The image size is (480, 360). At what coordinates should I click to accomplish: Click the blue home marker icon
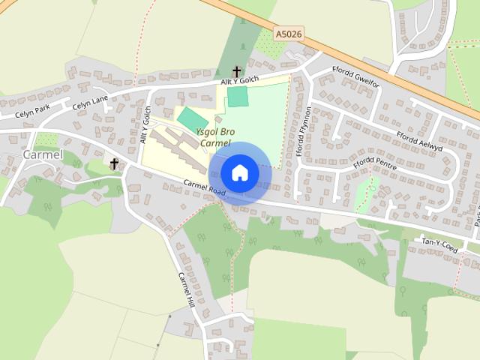[x=239, y=173]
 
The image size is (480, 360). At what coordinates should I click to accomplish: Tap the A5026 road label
[x=289, y=34]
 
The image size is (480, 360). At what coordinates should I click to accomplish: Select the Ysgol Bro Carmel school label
[x=215, y=137]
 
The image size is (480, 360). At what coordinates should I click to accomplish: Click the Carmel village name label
[x=41, y=154]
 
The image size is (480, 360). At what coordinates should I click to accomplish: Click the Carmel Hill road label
[x=186, y=289]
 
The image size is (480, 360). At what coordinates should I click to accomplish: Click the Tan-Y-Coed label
[x=439, y=243]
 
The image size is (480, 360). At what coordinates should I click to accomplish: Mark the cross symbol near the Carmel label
[x=115, y=163]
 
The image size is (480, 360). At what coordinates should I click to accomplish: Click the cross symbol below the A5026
[x=237, y=71]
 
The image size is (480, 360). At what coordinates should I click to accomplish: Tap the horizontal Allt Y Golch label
[x=239, y=80]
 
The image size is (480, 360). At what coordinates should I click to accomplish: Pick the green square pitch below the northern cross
[x=238, y=96]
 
